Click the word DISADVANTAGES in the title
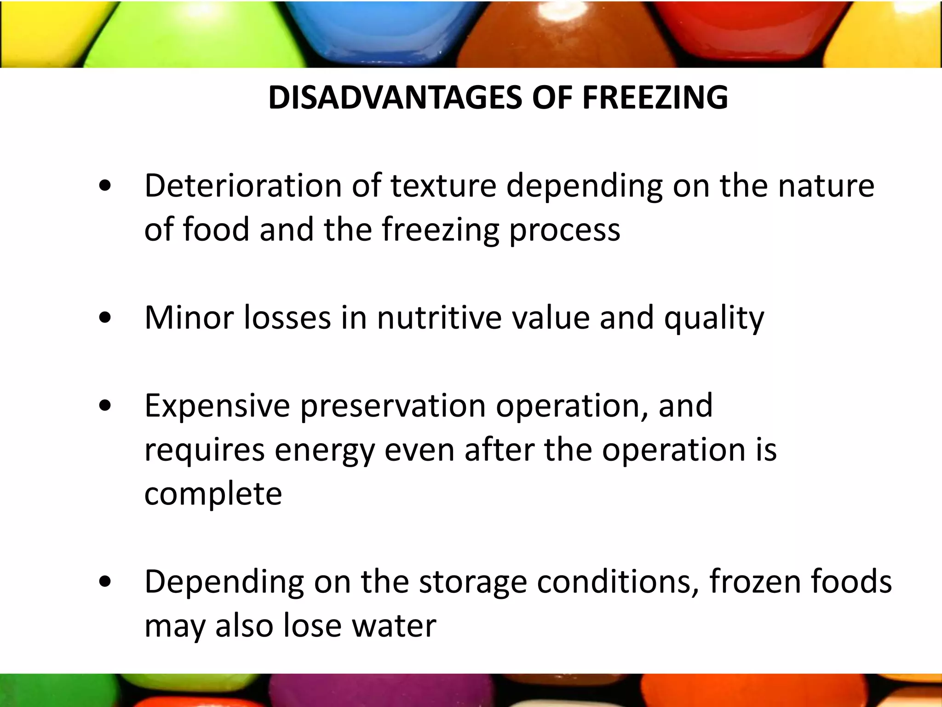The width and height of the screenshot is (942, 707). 395,98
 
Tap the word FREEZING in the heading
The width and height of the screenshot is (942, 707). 655,98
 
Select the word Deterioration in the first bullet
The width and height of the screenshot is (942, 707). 243,185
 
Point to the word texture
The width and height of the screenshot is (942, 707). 443,185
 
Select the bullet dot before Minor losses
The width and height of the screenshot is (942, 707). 105,318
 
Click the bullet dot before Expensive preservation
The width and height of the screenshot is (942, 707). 105,406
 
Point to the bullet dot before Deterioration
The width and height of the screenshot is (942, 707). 105,185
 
